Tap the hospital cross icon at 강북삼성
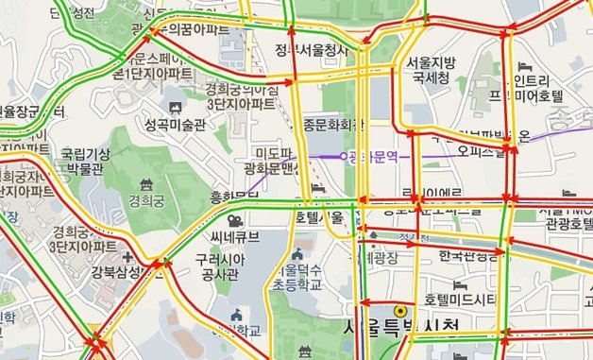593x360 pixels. point(127,258)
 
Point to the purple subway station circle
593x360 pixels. point(344,155)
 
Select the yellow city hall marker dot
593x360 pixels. point(400,310)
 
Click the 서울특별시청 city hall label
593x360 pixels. point(400,329)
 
